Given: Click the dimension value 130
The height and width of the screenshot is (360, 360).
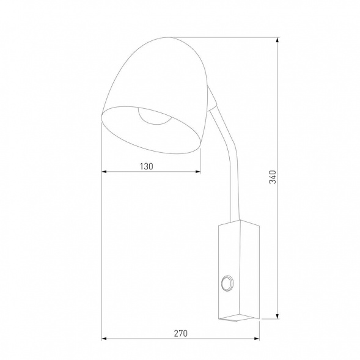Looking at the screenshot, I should [x=145, y=166].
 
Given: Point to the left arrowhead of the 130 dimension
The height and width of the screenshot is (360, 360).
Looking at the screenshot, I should [x=105, y=172].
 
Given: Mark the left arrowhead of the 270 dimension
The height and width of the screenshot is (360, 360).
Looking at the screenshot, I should [x=105, y=339].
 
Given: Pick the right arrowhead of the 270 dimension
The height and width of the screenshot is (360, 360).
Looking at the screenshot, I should [x=257, y=339].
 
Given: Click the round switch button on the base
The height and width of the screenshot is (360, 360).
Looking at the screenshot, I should [x=229, y=282].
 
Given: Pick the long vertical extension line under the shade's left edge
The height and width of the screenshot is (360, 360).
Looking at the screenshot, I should [x=101, y=244].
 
